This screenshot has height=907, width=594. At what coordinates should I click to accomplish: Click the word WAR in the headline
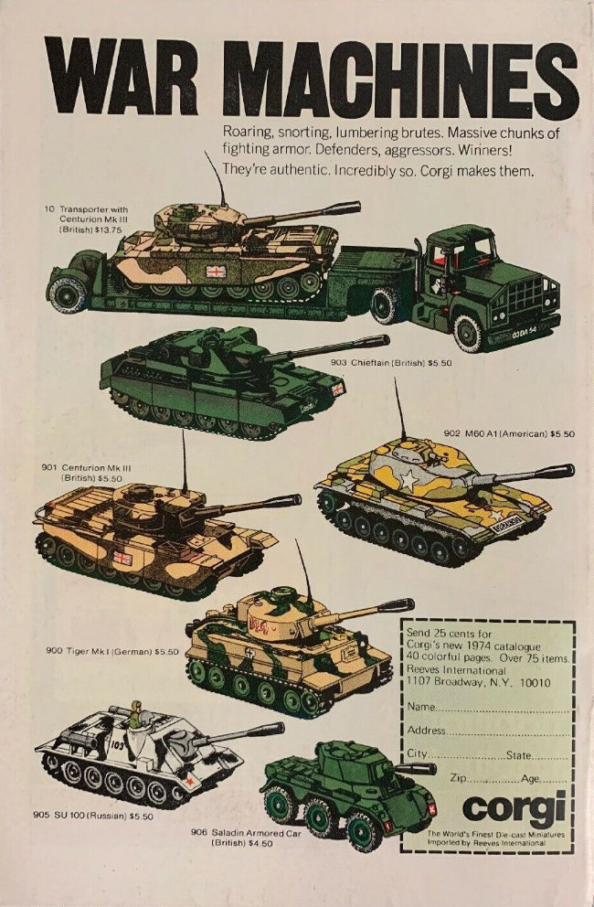coord(122,77)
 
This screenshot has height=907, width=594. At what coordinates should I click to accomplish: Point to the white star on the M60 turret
coord(410,479)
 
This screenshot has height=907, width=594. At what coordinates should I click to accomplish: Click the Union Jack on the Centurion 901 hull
coord(122,559)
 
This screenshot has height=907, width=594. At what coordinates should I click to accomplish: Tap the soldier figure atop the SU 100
coord(136,716)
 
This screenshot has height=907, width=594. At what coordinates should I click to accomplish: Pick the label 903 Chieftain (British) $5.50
coord(391,363)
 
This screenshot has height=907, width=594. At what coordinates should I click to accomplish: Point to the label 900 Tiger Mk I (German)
coord(99,651)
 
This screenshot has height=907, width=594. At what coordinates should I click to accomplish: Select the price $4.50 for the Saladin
coord(260,843)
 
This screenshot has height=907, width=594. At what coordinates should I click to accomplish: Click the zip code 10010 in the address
coord(536,683)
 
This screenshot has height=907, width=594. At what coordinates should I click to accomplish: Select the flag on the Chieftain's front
coord(337,389)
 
